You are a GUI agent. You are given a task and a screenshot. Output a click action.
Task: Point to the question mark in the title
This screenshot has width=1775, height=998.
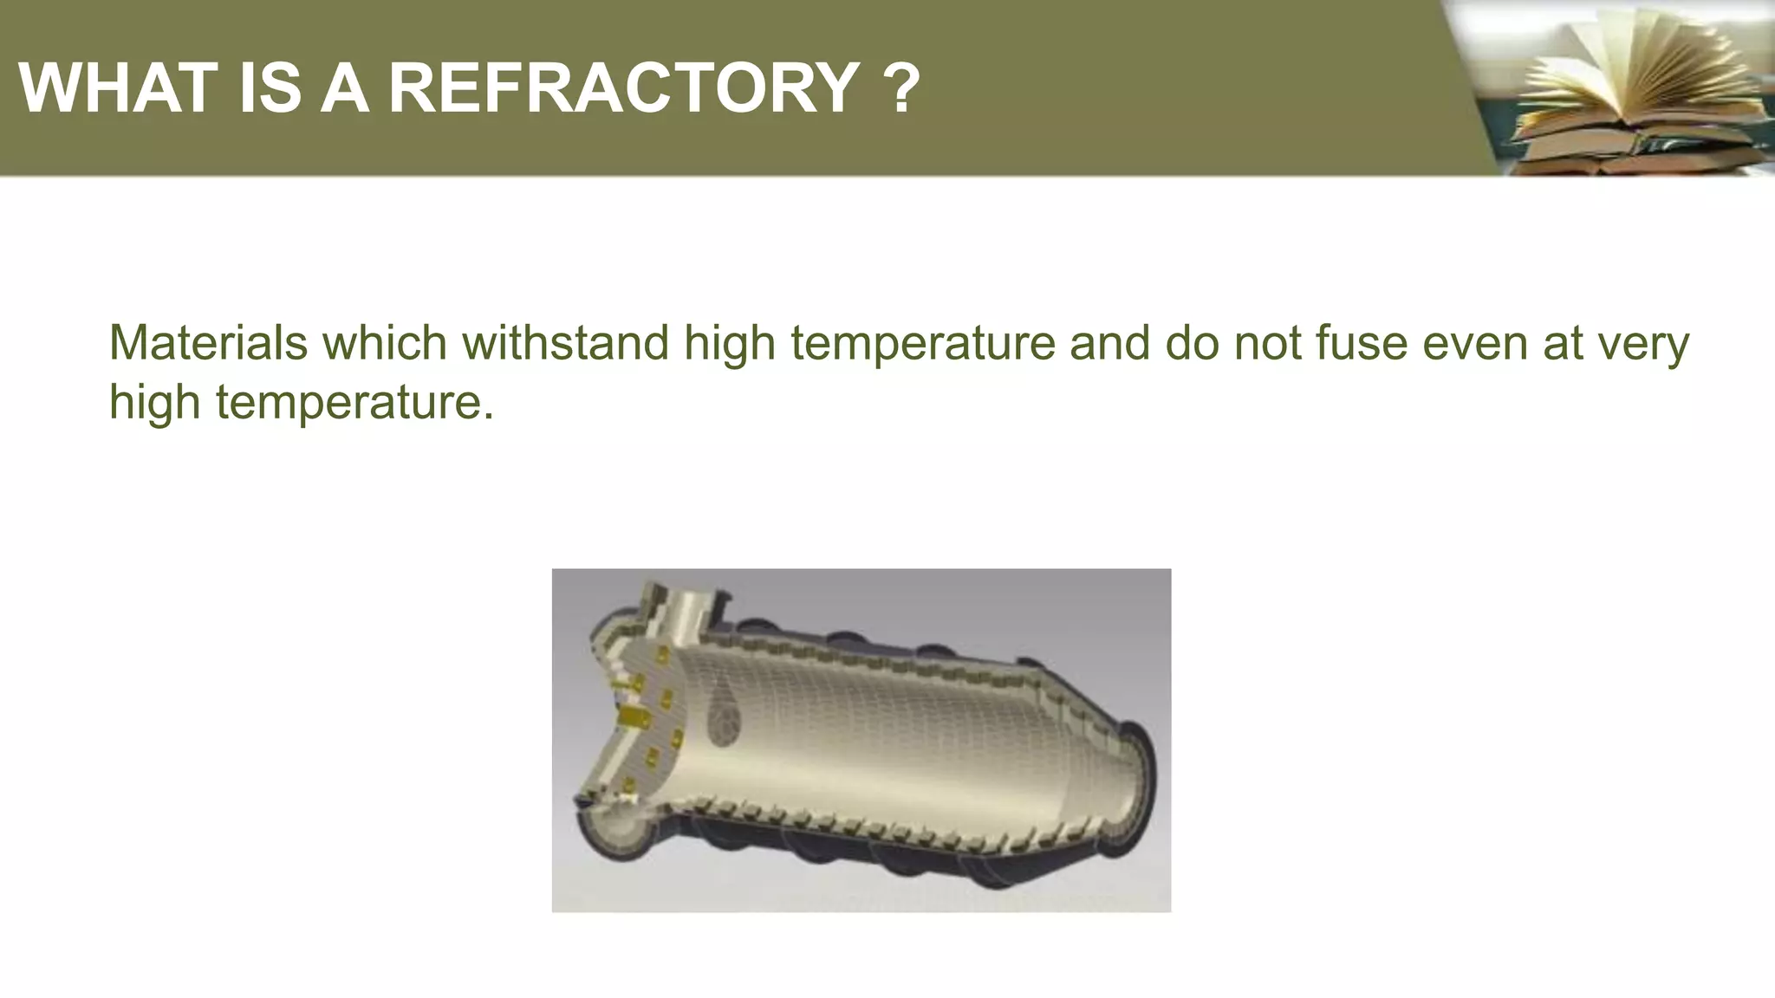[x=902, y=87]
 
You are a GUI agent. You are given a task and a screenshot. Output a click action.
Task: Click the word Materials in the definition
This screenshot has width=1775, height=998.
[x=208, y=342]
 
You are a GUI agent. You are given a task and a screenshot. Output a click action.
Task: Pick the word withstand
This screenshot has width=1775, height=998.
[x=565, y=342]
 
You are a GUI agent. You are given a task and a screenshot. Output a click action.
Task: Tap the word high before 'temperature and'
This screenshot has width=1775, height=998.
[x=729, y=344]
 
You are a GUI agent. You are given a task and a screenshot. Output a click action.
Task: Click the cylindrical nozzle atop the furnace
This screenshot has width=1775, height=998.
[x=685, y=611]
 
